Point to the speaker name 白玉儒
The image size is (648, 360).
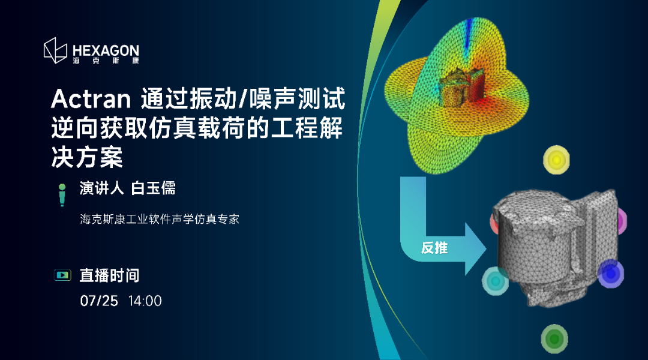[x=153, y=188]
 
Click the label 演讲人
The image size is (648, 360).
[x=101, y=188]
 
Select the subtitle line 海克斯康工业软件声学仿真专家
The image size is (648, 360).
[x=160, y=219]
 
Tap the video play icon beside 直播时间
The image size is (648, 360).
[x=62, y=275]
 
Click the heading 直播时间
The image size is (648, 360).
[x=109, y=275]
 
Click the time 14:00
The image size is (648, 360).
[x=145, y=301]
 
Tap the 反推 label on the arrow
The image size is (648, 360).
[x=434, y=248]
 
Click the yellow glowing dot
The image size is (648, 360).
[x=556, y=160]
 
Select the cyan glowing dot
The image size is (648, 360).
[x=494, y=280]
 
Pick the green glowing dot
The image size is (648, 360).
[x=554, y=339]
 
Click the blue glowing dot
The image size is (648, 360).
[x=611, y=273]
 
